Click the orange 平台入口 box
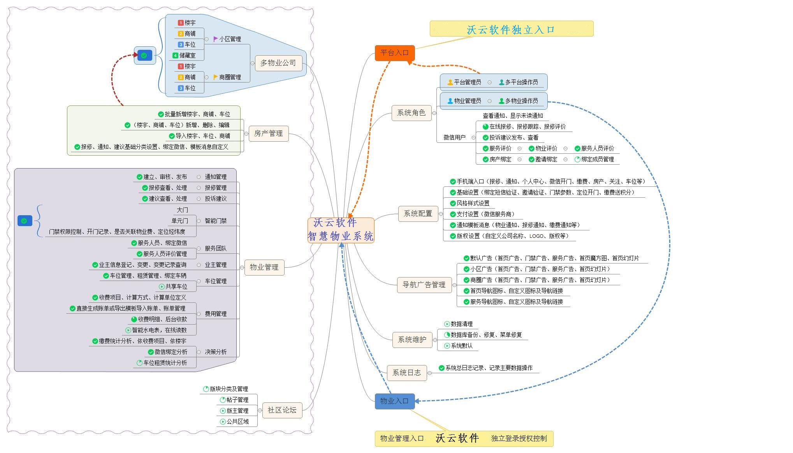point(394,53)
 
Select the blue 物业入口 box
point(394,401)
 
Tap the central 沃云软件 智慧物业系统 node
point(341,230)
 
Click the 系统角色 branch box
point(411,113)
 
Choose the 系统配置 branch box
point(418,214)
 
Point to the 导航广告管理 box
point(424,285)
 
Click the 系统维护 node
point(412,340)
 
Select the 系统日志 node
point(406,373)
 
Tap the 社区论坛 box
point(282,410)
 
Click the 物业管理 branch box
point(264,267)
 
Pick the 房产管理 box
point(268,133)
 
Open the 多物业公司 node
point(278,63)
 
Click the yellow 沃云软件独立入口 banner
point(511,29)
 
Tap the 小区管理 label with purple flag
point(230,39)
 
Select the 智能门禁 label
point(216,221)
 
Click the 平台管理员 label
point(467,82)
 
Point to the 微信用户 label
point(454,137)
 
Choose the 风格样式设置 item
point(473,204)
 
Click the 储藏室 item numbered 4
point(187,56)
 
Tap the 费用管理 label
point(216,314)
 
